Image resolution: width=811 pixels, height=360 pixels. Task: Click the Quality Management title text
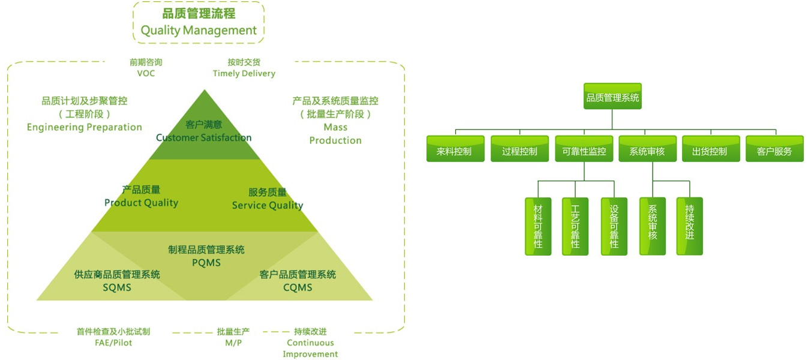(x=199, y=30)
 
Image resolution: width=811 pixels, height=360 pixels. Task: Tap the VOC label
(x=146, y=73)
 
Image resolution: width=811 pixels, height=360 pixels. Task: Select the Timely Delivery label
(x=244, y=73)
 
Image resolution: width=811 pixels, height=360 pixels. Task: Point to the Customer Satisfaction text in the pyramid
(x=203, y=137)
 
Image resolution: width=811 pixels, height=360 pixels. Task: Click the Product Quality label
(x=141, y=203)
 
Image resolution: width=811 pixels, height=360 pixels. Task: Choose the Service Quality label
(x=268, y=205)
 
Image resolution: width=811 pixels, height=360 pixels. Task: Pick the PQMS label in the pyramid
(x=206, y=263)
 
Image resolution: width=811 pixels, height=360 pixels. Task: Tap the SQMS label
(x=116, y=287)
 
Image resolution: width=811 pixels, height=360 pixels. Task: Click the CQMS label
(x=298, y=287)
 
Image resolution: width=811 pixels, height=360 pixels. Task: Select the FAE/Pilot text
(x=113, y=343)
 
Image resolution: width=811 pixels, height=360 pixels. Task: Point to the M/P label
(x=233, y=343)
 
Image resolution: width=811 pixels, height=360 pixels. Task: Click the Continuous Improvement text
(x=310, y=348)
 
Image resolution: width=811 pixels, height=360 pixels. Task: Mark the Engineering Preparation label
(x=85, y=127)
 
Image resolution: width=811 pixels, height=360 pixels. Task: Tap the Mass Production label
(x=335, y=134)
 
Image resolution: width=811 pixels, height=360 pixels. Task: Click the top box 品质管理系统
(x=612, y=97)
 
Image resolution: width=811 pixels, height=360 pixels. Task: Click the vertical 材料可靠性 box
(x=538, y=226)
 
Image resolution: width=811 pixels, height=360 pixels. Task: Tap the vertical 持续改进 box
(x=690, y=226)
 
